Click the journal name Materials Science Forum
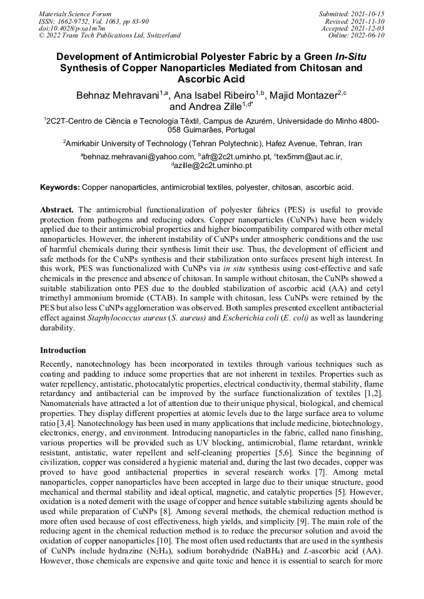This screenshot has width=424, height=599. tap(75, 13)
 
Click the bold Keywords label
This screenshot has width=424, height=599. tap(60, 187)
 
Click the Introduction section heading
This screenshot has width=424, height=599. tap(63, 350)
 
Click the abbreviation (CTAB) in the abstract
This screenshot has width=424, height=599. tap(184, 299)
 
